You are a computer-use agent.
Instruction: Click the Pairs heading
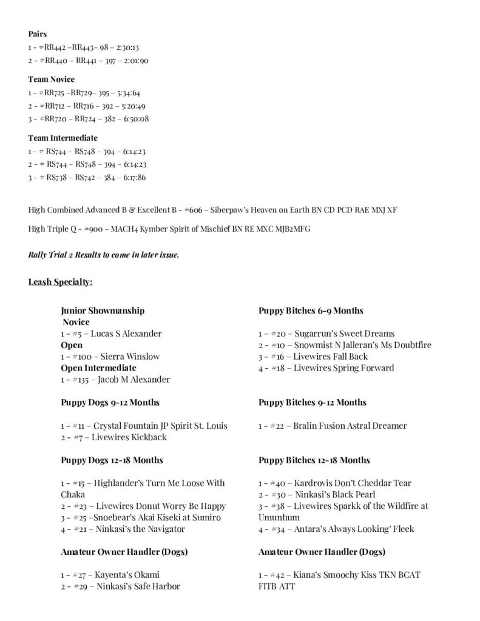click(38, 34)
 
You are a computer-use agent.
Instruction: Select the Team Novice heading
click(51, 79)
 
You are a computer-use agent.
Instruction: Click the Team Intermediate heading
click(63, 138)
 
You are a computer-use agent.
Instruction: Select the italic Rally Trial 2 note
click(104, 255)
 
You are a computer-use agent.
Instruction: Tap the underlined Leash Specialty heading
click(60, 282)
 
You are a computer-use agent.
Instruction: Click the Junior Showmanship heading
click(103, 310)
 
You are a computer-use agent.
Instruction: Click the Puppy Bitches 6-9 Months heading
click(311, 310)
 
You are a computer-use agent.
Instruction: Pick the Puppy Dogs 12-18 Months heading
click(112, 460)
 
